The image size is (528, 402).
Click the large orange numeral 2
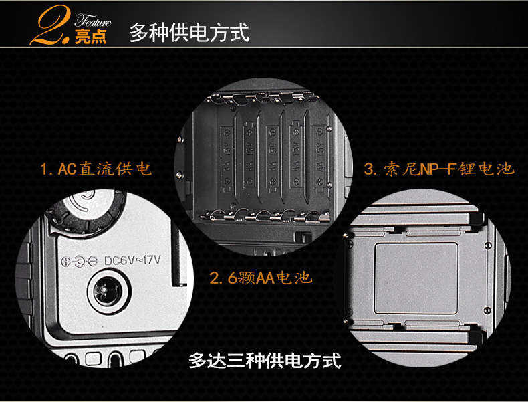(51, 25)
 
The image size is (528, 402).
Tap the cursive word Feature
(93, 21)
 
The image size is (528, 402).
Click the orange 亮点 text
(91, 37)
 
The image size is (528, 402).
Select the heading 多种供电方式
(190, 33)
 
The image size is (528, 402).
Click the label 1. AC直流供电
(96, 169)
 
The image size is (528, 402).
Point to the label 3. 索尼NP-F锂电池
(439, 169)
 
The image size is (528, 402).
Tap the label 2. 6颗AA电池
(260, 278)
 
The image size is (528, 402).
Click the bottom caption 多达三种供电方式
(265, 361)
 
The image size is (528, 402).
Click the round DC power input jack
(108, 291)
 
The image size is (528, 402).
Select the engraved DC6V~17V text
(132, 260)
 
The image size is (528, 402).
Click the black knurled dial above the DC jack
(86, 212)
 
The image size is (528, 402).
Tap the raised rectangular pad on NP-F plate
(416, 278)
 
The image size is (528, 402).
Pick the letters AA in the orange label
(265, 278)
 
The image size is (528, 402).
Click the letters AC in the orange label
(68, 169)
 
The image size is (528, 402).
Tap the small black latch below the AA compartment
(303, 237)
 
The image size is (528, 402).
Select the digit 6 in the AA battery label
(233, 278)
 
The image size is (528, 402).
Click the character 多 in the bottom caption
(197, 361)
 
